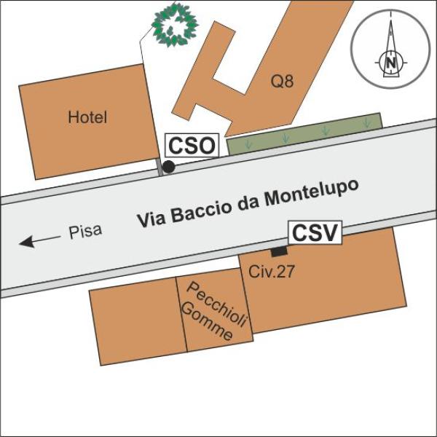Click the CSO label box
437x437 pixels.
[192, 146]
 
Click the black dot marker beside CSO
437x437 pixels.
[168, 168]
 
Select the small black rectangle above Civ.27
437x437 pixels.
[278, 252]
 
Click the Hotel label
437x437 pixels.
[87, 117]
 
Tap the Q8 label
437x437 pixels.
[282, 82]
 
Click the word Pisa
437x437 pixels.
[85, 232]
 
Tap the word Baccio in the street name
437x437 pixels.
[203, 210]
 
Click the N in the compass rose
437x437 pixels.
[392, 63]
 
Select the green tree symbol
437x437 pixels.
[175, 26]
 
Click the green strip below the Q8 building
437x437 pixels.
[304, 134]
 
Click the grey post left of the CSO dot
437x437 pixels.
[159, 168]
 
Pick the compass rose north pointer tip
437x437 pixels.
[392, 22]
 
